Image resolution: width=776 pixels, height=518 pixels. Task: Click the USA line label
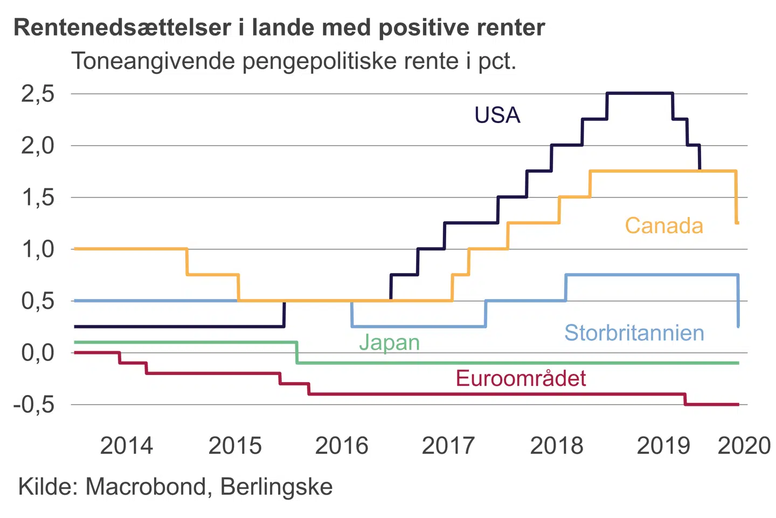pos(497,115)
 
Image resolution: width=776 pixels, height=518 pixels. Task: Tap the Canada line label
pos(664,226)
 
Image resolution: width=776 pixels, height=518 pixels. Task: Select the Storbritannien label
pos(634,333)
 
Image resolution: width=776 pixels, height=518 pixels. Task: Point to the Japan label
pos(389,343)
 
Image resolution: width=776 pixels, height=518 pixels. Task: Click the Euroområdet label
pos(521,378)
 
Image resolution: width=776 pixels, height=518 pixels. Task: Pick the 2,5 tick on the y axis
pos(38,94)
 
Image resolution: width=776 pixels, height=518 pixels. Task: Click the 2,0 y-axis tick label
pos(38,146)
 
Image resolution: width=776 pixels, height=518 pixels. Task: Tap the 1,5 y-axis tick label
pos(38,197)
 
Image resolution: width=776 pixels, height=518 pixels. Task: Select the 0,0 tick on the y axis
pos(38,353)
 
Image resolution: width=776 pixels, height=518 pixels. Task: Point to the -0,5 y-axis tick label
pos(34,405)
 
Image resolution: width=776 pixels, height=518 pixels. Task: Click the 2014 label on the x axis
pos(127,446)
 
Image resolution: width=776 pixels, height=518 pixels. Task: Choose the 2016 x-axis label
pos(342,446)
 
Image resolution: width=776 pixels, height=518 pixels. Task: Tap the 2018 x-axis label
pos(557,446)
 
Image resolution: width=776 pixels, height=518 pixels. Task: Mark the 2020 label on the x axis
pos(744,446)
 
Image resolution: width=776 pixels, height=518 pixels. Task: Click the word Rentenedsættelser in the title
pos(122,28)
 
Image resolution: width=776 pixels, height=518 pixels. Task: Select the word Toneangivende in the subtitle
pos(153,62)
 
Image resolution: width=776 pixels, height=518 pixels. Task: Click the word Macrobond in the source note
pos(145,487)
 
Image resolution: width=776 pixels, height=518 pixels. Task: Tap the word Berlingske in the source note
pos(276,487)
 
